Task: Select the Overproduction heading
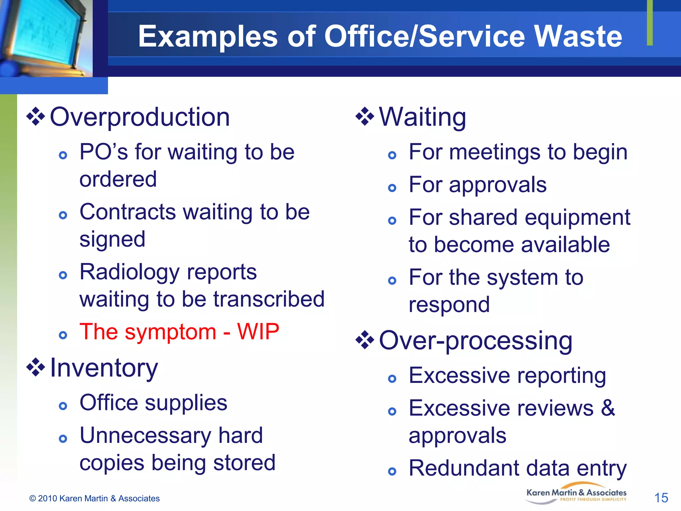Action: coord(140,117)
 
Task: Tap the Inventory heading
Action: coord(104,368)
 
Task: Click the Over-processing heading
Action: coord(476,340)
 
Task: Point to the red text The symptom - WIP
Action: coord(179,332)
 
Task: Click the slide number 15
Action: coord(661,498)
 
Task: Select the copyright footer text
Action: coord(94,498)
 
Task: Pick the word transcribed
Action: coord(269,299)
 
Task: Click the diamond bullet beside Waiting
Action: coord(365,116)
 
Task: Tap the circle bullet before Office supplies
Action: coord(63,406)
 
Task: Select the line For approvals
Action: coord(477,185)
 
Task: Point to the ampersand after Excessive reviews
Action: coord(608,408)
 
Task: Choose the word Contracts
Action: coord(128,212)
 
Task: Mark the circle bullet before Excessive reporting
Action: coord(392,379)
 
